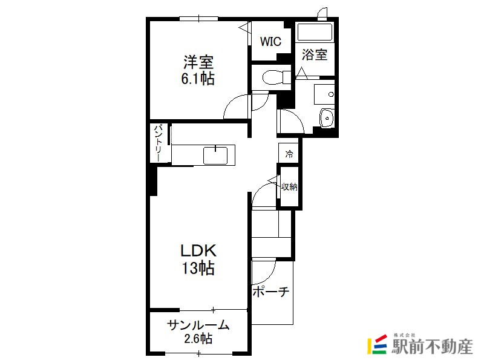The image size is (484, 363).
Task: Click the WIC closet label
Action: [270, 41]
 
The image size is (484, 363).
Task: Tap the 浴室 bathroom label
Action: [314, 54]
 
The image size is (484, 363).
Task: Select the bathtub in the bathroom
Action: [315, 32]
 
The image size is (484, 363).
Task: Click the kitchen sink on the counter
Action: [215, 155]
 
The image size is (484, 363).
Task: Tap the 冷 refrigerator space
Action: [289, 154]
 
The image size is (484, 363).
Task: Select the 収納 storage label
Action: [289, 186]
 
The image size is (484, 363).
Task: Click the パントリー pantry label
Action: [159, 143]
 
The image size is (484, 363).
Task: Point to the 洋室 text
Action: [198, 62]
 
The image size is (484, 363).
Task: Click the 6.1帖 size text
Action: [198, 79]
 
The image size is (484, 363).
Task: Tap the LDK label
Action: [198, 250]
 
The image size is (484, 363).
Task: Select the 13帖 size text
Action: [198, 268]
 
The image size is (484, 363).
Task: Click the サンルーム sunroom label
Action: [198, 325]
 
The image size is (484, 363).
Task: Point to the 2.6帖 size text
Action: [198, 339]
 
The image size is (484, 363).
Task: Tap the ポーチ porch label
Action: [270, 292]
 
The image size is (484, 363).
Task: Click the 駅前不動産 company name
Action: [432, 347]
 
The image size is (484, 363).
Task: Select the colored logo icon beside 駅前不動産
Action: [377, 344]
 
